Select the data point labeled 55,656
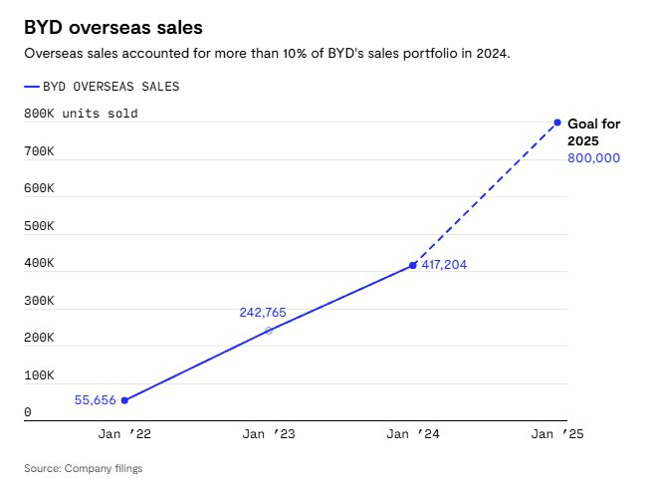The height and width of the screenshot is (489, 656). point(124,400)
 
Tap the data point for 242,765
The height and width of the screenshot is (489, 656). point(268,330)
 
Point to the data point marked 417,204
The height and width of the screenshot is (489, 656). point(413,265)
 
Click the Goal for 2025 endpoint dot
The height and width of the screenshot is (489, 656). point(557,122)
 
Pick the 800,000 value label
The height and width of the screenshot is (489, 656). point(593,158)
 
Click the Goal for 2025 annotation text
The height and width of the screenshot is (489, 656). point(593,132)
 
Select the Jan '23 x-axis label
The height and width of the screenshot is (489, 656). point(269,434)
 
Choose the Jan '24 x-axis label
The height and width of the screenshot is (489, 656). point(413,434)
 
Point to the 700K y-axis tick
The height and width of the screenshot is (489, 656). point(39,150)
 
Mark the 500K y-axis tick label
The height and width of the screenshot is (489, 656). point(39,225)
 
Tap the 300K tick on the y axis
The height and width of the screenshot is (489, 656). point(39,300)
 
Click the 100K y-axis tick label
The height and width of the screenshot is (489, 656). point(39,375)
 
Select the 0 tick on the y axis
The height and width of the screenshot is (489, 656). point(28,412)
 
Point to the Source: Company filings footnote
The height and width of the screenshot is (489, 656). point(83,468)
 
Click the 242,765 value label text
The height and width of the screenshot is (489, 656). point(263,313)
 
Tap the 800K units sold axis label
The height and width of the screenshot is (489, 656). point(81,114)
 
